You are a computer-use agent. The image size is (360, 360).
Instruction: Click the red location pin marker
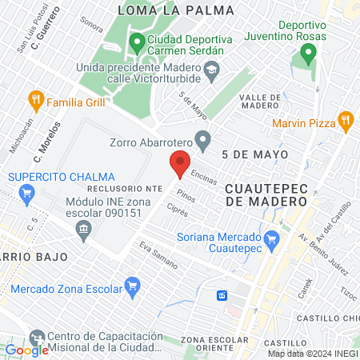pos(180,163)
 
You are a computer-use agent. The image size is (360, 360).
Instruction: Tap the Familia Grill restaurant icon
pos(35,102)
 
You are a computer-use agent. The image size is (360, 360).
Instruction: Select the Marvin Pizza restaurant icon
pos(346,123)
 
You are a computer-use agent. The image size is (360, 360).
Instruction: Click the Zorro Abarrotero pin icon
pos(204,144)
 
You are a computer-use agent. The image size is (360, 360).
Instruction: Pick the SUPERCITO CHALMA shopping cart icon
pos(26,193)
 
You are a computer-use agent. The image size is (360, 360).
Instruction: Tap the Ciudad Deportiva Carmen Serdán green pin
pos(137,41)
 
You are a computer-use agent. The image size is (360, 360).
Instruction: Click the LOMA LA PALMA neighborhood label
pos(176,10)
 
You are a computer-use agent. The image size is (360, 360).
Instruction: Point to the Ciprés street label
pos(178,212)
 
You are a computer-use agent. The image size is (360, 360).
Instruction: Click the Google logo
pos(26,350)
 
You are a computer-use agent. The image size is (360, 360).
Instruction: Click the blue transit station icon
pos(221,295)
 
